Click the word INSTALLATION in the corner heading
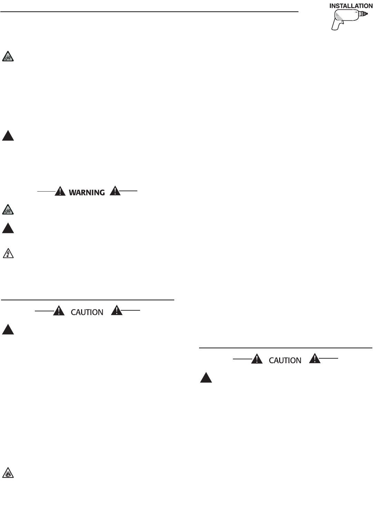tap(351, 6)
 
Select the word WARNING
tap(87, 192)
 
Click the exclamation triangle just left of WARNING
tap(60, 191)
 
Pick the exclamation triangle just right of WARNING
tap(115, 191)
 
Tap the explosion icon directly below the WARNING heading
tap(8, 210)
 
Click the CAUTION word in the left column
tap(87, 312)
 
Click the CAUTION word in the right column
tap(285, 360)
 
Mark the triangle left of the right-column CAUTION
tap(257, 359)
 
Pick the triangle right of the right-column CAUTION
tap(315, 359)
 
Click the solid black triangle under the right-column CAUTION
tap(206, 378)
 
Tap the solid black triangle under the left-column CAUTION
tap(8, 330)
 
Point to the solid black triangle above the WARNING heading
tap(8, 136)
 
